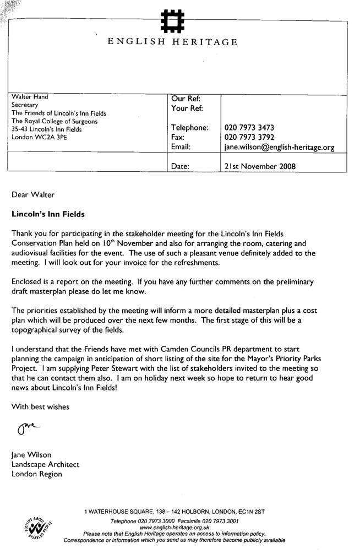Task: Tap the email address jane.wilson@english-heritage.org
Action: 279,148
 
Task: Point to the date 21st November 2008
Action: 260,165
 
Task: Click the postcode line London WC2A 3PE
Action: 39,138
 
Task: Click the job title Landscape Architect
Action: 45,464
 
